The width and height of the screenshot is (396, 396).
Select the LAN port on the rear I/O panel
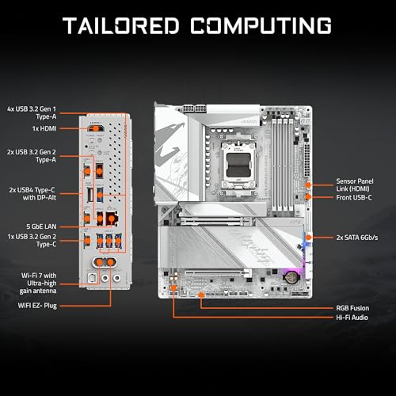point(101,219)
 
